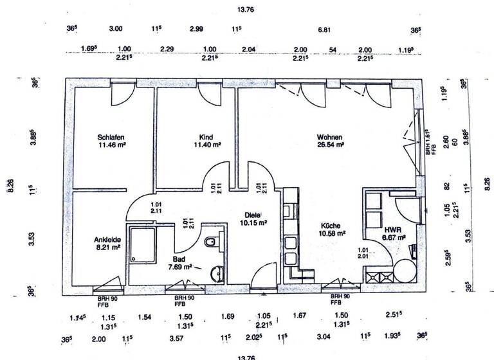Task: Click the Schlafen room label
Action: pyautogui.click(x=111, y=137)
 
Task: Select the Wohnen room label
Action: pyautogui.click(x=329, y=137)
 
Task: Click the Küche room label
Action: pyautogui.click(x=333, y=226)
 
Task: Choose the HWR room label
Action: pyautogui.click(x=393, y=229)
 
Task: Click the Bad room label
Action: pyautogui.click(x=179, y=258)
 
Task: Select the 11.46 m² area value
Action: pyautogui.click(x=111, y=145)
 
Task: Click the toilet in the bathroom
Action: pyautogui.click(x=211, y=243)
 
